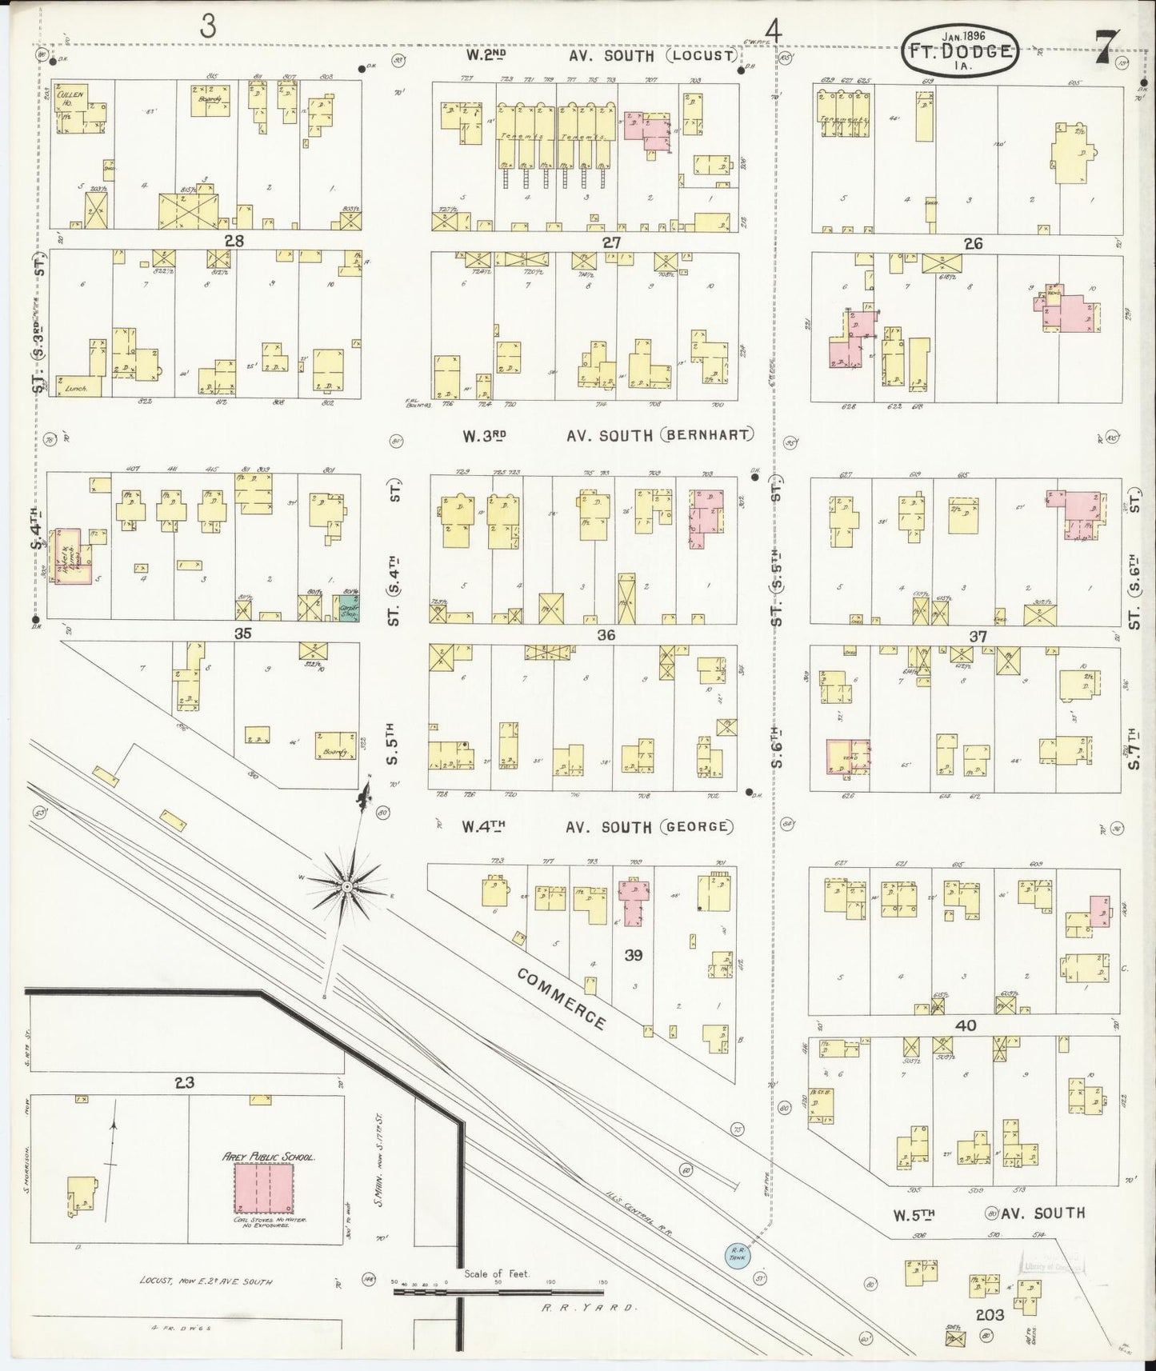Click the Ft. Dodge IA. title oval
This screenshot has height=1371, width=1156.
[x=962, y=52]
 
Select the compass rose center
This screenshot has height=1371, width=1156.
[x=347, y=887]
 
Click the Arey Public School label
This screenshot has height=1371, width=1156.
[x=268, y=1157]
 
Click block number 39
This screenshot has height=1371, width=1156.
[x=634, y=954]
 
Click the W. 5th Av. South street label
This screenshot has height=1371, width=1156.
[x=989, y=1213]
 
